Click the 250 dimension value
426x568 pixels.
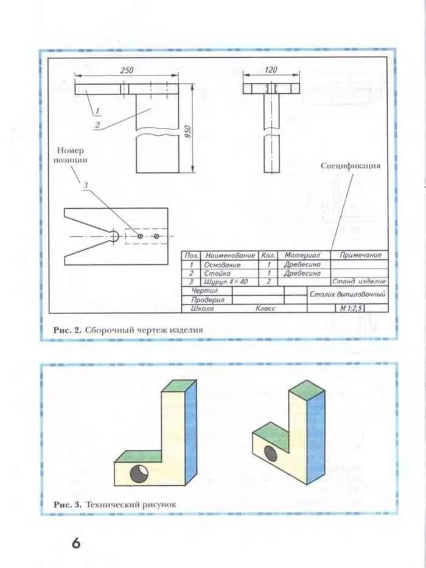(127, 70)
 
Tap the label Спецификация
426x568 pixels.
(351, 166)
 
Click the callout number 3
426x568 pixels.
(86, 185)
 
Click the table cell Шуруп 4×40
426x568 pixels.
(227, 282)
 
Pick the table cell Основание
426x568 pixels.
(223, 265)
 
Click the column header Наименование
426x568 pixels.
(230, 256)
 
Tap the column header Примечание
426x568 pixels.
(360, 256)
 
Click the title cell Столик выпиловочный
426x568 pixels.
(347, 295)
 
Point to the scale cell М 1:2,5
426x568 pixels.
(352, 309)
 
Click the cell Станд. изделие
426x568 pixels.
(359, 282)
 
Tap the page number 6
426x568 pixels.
(76, 542)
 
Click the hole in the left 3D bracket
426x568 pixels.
(138, 473)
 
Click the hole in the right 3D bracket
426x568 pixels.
(270, 453)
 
